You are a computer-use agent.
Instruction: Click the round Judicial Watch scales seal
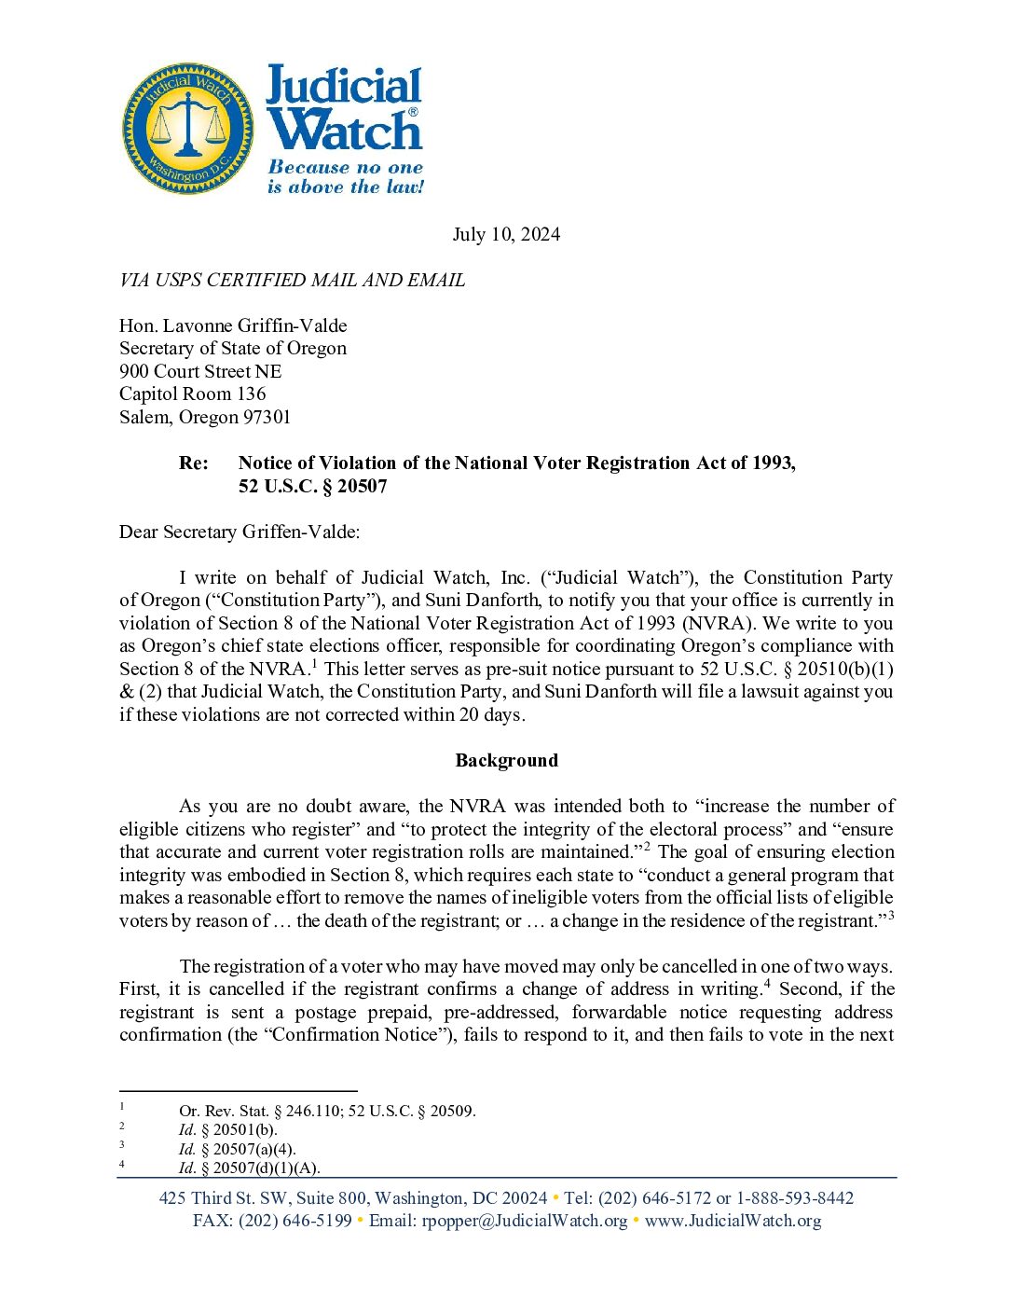(188, 129)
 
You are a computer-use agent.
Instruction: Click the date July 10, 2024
(506, 234)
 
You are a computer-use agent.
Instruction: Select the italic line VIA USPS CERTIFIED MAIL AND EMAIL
(292, 280)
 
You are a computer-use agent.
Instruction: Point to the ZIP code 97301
(267, 417)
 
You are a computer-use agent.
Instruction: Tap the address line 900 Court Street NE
(200, 371)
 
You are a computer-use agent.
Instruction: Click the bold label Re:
(194, 463)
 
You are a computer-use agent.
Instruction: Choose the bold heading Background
(506, 760)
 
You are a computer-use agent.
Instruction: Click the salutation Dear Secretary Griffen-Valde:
(240, 532)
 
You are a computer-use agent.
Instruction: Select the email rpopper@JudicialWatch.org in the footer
(525, 1221)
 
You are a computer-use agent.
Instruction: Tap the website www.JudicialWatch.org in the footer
(733, 1221)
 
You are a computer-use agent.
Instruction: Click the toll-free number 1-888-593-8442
(795, 1198)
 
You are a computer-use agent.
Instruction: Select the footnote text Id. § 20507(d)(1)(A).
(249, 1168)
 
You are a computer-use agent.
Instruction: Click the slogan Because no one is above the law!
(345, 177)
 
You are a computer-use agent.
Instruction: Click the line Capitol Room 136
(193, 394)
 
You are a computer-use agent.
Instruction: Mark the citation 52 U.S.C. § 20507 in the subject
(312, 486)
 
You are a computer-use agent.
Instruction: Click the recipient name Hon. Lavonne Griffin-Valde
(233, 325)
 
